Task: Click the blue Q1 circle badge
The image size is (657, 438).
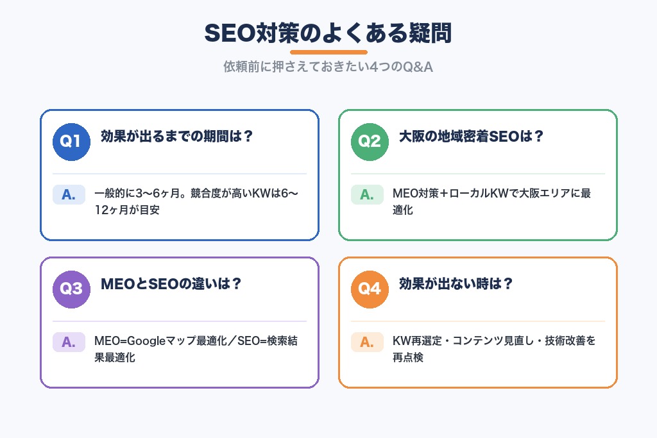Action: coord(71,141)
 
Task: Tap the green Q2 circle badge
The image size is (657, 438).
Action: coord(370,141)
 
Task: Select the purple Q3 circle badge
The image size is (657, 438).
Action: coord(71,289)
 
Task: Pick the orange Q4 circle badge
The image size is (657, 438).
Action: coord(370,289)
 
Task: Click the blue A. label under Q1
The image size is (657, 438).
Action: coord(69,194)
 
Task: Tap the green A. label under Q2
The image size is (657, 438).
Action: coord(367,194)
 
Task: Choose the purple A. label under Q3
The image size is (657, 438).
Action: coord(69,342)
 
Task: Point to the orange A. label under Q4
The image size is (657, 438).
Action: coord(367,342)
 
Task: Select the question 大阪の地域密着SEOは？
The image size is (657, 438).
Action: coord(471,137)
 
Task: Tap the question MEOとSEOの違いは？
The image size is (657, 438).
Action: coord(171,284)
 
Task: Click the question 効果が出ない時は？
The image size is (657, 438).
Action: coord(456,284)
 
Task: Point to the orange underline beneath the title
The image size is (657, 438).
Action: coord(328,52)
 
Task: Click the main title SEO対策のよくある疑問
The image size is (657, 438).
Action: coord(328,33)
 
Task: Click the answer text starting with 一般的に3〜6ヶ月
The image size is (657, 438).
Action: coord(196,201)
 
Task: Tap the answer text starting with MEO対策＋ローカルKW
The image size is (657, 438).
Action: coord(491,201)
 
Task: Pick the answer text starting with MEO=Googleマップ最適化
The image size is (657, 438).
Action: coord(196,349)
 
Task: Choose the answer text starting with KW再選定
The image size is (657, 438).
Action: coord(494,349)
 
